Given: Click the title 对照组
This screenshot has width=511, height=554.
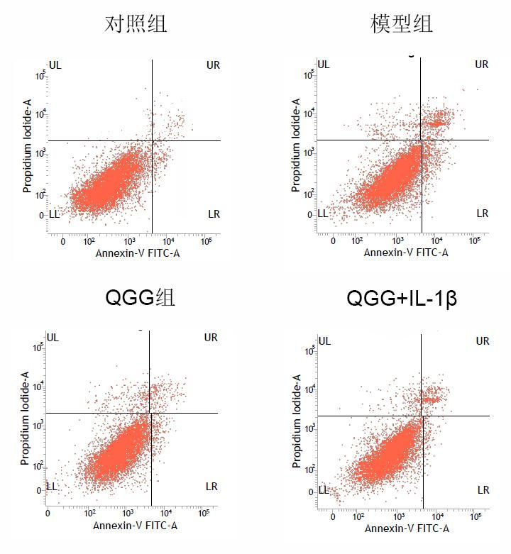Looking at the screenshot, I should (x=136, y=25).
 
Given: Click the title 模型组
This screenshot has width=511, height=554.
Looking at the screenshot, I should (x=402, y=25).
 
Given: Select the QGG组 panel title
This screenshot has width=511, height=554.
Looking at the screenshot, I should (x=140, y=297).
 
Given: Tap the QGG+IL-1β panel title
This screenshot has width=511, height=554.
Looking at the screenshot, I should (x=401, y=298).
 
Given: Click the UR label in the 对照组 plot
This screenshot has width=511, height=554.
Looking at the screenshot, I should (x=213, y=65).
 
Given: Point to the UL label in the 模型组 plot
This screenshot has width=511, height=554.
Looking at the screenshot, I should (x=324, y=65).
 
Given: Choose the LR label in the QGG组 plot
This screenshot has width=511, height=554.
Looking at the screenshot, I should (x=211, y=487).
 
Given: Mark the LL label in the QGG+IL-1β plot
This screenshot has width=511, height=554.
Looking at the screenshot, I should (x=324, y=489).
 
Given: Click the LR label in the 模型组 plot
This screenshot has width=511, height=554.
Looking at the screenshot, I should (x=483, y=214).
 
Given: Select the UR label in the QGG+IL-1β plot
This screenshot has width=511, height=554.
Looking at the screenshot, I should (x=483, y=341).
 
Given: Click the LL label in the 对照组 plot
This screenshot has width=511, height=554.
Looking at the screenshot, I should (x=55, y=214).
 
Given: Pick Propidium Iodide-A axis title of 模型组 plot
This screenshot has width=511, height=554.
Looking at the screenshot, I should (x=296, y=145).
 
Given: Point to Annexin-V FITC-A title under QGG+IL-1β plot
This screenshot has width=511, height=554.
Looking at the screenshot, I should (x=407, y=528).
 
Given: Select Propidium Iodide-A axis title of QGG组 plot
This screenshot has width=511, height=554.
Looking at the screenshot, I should (x=25, y=423).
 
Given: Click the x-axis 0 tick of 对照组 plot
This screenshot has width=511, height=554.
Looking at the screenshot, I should (x=63, y=242).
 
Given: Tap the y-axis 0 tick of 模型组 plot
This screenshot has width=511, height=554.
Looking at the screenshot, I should (x=310, y=214).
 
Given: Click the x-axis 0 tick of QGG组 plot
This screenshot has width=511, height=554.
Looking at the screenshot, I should (x=48, y=514).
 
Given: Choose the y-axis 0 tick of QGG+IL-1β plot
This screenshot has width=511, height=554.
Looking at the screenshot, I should (x=310, y=492).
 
